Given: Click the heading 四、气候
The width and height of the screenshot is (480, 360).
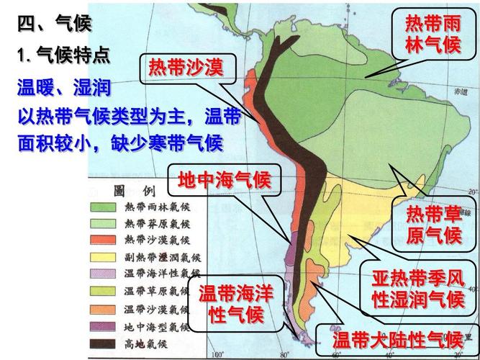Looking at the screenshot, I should click(x=55, y=24).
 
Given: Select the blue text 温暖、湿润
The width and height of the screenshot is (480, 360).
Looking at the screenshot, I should click(x=63, y=89).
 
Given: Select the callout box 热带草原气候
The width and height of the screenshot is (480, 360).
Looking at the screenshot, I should click(x=433, y=224).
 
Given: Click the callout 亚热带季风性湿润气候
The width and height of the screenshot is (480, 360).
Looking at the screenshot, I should click(x=417, y=288).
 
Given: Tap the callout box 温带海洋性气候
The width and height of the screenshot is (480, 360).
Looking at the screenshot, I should click(x=235, y=304).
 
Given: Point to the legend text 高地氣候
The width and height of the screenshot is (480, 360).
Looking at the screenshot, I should click(x=147, y=342).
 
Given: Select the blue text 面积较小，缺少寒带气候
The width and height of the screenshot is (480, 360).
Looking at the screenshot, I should click(x=119, y=142).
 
